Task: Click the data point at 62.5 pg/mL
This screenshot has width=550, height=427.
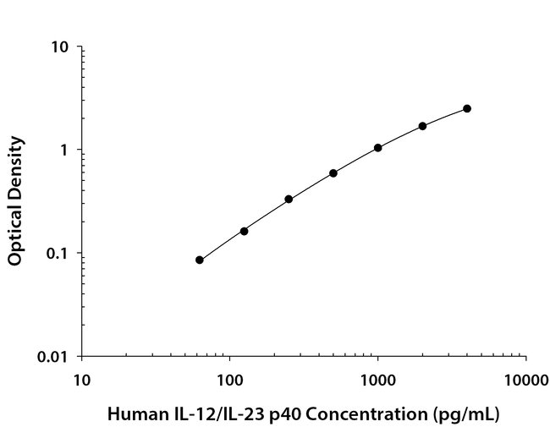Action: [200, 260]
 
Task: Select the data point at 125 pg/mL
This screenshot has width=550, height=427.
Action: [244, 231]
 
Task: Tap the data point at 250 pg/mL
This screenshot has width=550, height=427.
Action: [289, 199]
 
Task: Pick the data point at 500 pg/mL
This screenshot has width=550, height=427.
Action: [333, 172]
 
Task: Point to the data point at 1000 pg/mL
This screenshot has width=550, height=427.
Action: [377, 147]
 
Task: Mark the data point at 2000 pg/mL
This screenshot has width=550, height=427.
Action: [422, 126]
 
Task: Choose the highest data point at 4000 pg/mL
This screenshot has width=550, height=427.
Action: [467, 108]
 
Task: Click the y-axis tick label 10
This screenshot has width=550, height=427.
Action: [59, 47]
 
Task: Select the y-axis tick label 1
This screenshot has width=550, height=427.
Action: [63, 151]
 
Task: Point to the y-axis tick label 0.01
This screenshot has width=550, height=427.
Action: [53, 357]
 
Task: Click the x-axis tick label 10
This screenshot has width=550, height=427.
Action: [81, 377]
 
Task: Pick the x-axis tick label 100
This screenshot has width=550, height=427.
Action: [229, 377]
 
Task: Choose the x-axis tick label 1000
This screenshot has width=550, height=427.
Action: [377, 377]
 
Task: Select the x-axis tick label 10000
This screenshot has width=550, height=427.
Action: [525, 377]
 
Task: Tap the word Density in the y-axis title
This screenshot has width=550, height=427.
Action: [15, 165]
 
